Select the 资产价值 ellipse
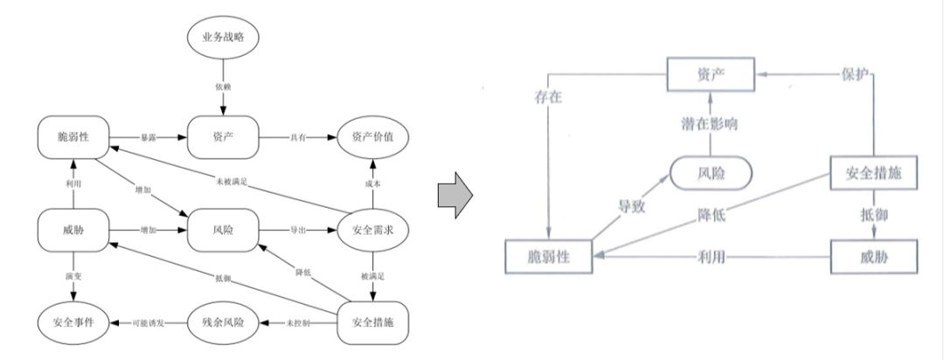373,138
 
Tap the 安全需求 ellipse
373,231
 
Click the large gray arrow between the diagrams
454,191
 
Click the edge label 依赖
224,87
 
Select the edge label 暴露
149,138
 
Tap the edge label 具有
298,138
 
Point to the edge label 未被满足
232,181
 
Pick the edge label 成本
373,184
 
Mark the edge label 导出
298,231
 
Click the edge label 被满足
373,277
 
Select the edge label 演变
73,277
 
